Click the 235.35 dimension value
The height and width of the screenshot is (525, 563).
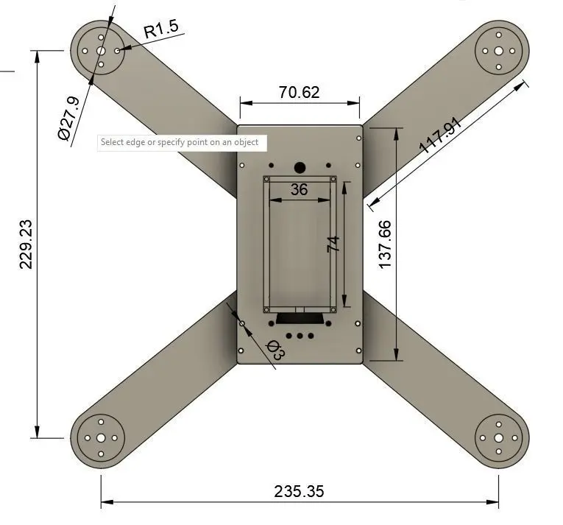[299, 491]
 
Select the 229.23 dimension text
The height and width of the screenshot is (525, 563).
[26, 244]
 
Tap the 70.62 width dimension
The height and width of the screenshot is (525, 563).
[299, 92]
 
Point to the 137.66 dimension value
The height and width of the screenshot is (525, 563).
[385, 244]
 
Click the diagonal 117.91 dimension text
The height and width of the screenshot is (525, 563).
[440, 135]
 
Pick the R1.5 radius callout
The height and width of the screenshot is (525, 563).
[161, 29]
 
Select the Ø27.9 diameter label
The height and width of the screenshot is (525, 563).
[68, 119]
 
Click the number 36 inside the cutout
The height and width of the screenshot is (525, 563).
[299, 189]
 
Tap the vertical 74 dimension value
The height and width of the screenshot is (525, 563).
[333, 244]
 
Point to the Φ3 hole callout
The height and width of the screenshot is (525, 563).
[275, 349]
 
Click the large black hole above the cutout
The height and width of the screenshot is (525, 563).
[300, 167]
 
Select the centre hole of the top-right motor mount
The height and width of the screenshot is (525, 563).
[498, 51]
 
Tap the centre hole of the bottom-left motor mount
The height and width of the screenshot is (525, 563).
[101, 438]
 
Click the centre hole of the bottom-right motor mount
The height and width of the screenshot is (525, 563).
[498, 438]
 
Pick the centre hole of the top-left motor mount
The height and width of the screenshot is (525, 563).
[101, 51]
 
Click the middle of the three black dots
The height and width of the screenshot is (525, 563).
[300, 336]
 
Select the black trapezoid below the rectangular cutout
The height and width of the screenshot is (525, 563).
[300, 319]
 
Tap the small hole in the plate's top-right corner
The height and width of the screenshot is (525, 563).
[358, 138]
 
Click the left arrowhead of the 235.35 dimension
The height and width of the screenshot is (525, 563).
[107, 501]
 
